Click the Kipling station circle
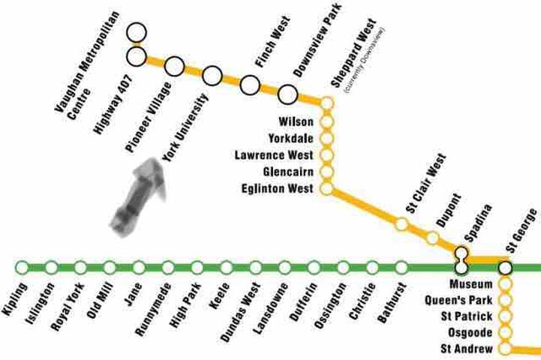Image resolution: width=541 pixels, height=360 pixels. click(x=22, y=267)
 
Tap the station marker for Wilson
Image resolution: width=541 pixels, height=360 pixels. click(x=326, y=121)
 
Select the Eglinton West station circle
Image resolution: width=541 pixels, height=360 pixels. click(x=326, y=188)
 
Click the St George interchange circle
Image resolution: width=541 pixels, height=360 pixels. click(x=505, y=267)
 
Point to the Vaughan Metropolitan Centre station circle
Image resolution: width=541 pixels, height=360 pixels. click(x=136, y=32)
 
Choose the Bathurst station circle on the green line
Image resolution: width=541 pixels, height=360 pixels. click(x=401, y=267)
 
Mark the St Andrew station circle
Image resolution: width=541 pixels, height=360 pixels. click(x=505, y=349)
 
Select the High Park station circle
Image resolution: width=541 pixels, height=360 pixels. click(x=197, y=267)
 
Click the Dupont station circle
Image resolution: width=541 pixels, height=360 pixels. click(x=433, y=238)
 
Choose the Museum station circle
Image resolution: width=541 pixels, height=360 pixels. click(x=505, y=284)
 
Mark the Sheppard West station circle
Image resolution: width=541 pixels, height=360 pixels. click(x=326, y=103)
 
